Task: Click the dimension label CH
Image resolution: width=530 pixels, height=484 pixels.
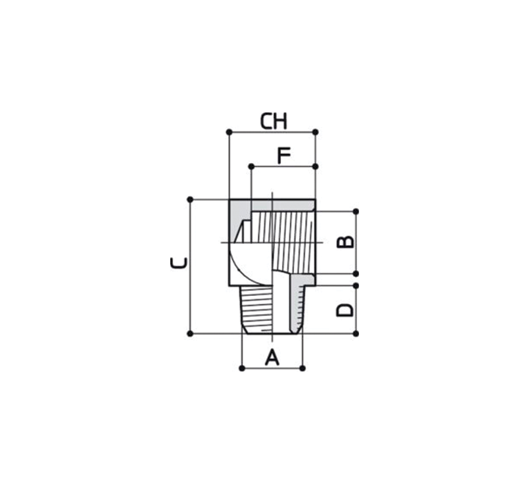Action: coord(274,122)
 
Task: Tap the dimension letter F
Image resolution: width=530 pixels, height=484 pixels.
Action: coord(284,155)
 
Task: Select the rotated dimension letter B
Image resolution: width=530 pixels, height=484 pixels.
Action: coord(346,242)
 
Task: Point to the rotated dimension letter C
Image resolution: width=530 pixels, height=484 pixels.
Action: coord(178,263)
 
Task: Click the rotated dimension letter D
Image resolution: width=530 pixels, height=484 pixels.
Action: coord(345,310)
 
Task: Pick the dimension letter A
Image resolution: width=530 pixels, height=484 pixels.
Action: coord(272,358)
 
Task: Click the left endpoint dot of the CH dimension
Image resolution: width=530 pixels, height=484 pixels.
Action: coord(229,132)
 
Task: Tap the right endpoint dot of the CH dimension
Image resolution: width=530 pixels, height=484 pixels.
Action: coord(316,132)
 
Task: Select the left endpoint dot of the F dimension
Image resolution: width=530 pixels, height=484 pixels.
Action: coord(251,166)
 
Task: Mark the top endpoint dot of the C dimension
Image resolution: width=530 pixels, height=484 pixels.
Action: coord(190,199)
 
